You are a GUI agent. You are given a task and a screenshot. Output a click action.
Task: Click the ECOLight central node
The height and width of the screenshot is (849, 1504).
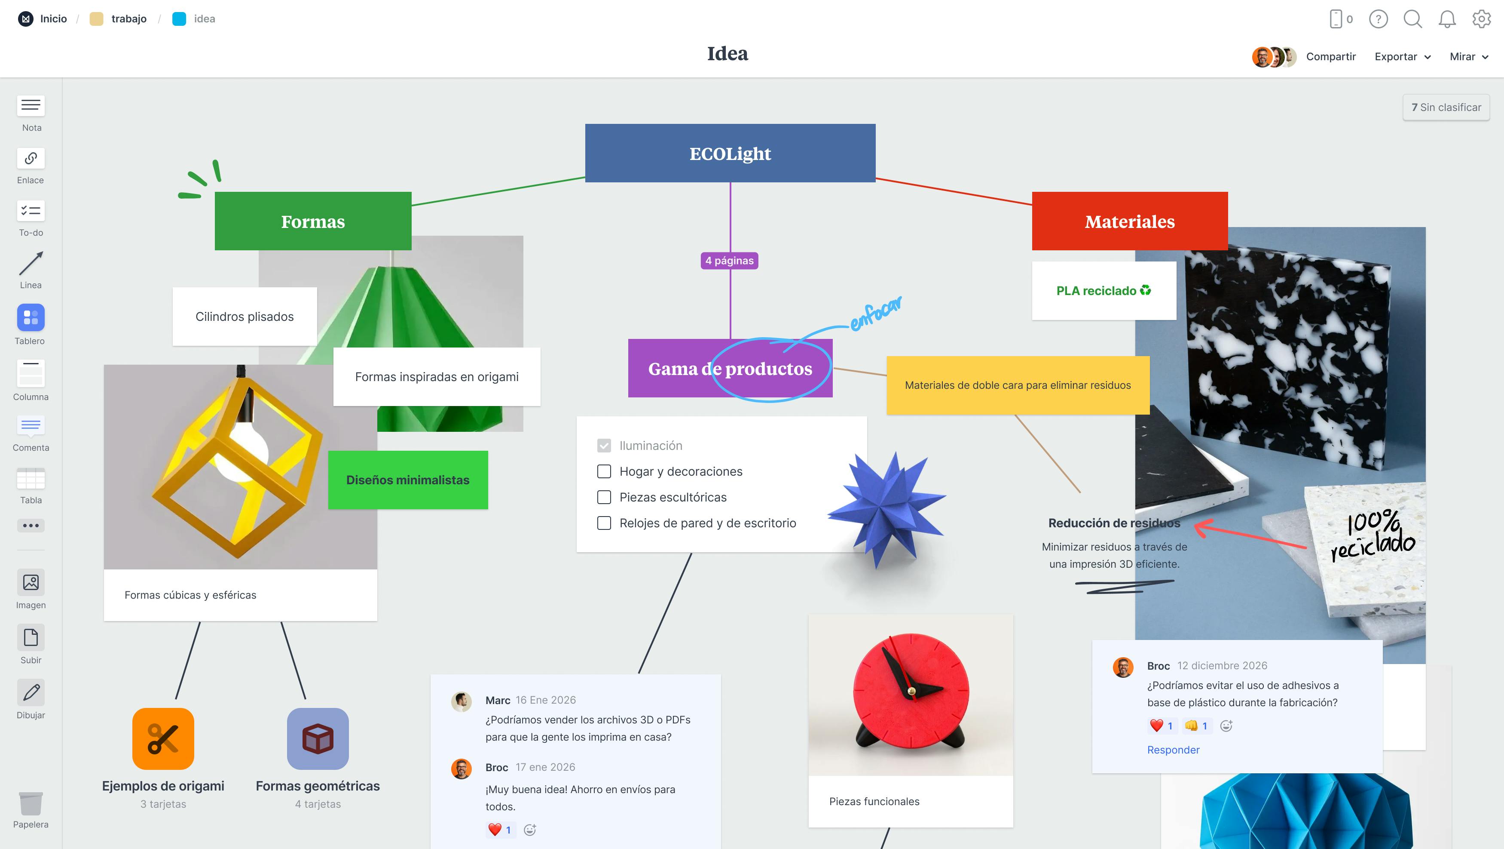730,153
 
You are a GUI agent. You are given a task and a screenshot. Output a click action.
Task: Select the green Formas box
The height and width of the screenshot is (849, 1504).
313,221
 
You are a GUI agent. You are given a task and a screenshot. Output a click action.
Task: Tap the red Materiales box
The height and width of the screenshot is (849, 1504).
1129,221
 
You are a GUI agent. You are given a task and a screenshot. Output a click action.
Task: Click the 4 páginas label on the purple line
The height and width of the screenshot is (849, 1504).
729,261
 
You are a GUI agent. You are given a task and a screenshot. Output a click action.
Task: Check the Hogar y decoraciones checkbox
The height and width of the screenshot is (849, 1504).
604,471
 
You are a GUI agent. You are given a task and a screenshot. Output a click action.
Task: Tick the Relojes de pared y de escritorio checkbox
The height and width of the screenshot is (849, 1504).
604,523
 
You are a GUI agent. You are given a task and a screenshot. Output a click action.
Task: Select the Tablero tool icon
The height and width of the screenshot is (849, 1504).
31,318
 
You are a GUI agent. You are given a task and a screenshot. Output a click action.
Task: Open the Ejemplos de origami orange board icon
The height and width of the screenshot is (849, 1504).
163,738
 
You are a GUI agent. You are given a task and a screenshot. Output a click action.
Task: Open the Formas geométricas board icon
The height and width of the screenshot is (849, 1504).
318,738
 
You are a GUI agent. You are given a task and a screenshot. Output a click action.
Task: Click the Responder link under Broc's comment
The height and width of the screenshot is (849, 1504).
1173,750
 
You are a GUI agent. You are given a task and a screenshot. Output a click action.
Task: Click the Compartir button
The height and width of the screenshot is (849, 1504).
1330,57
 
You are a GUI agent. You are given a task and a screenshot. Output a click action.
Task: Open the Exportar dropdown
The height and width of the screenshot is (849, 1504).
1402,57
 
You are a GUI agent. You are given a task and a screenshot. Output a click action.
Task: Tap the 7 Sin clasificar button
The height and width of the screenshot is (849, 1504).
1446,108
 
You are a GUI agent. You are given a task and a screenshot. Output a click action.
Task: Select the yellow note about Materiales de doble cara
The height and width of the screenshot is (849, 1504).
1018,385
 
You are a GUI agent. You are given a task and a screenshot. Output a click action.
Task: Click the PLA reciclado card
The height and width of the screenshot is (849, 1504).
1104,290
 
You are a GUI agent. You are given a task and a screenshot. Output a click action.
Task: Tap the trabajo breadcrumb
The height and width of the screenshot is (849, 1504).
128,18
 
